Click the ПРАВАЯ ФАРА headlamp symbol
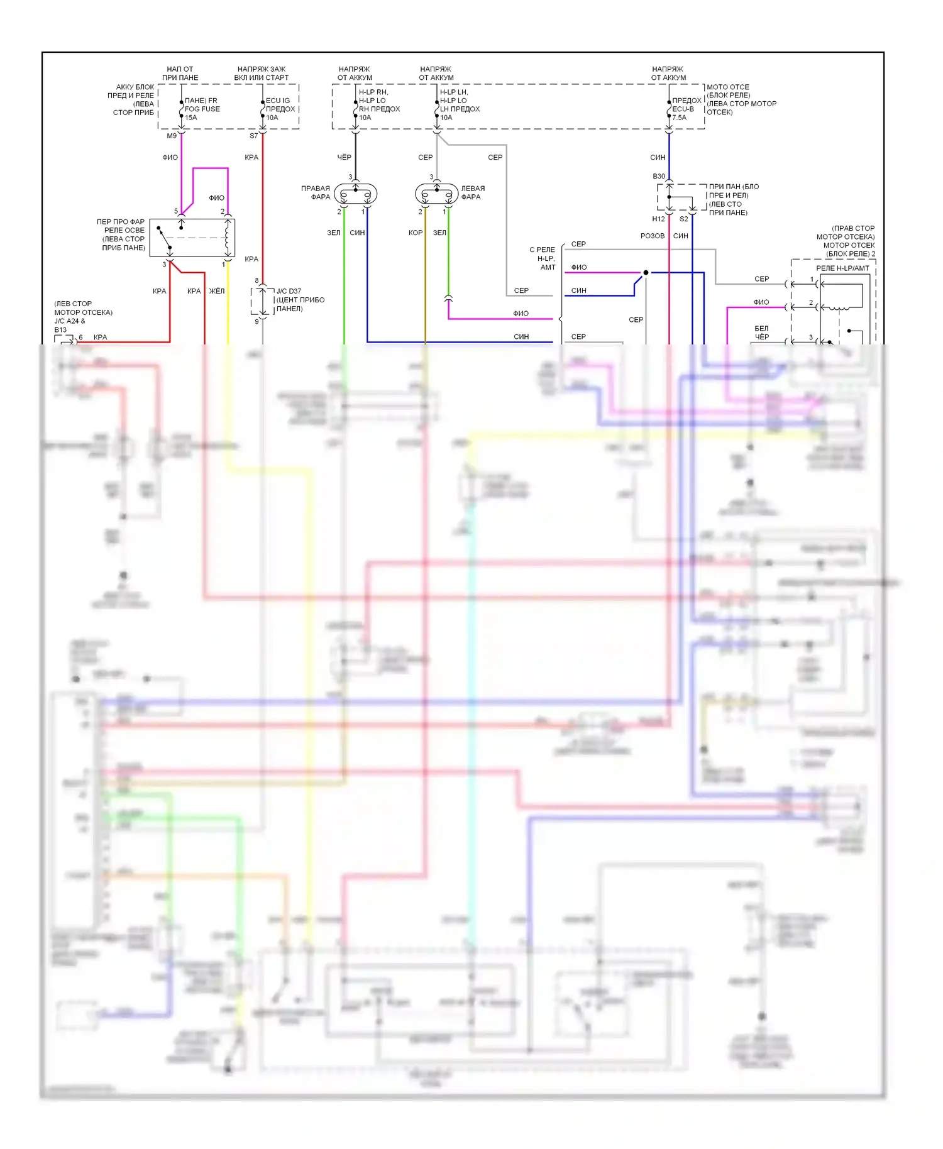pyautogui.click(x=355, y=194)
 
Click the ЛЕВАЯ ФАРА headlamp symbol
pyautogui.click(x=437, y=194)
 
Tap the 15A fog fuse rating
pyautogui.click(x=191, y=118)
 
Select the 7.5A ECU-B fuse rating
pyautogui.click(x=679, y=118)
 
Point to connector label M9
pyautogui.click(x=172, y=136)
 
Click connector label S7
pyautogui.click(x=253, y=136)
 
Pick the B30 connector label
pyautogui.click(x=658, y=177)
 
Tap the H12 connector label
pyautogui.click(x=658, y=219)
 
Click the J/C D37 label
pyautogui.click(x=289, y=291)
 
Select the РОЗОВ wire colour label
pyautogui.click(x=653, y=236)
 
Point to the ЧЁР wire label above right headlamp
pyautogui.click(x=344, y=157)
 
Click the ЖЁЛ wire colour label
pyautogui.click(x=217, y=291)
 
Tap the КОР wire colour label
pyautogui.click(x=415, y=233)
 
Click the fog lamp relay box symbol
pyautogui.click(x=201, y=238)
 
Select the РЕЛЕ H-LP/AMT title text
pyautogui.click(x=842, y=268)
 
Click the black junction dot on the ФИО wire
pyautogui.click(x=646, y=273)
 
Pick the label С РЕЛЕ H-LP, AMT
pyautogui.click(x=543, y=258)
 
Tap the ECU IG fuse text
pyautogui.click(x=278, y=101)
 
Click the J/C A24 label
pyautogui.click(x=69, y=321)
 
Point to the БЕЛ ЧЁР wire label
pyautogui.click(x=761, y=333)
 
